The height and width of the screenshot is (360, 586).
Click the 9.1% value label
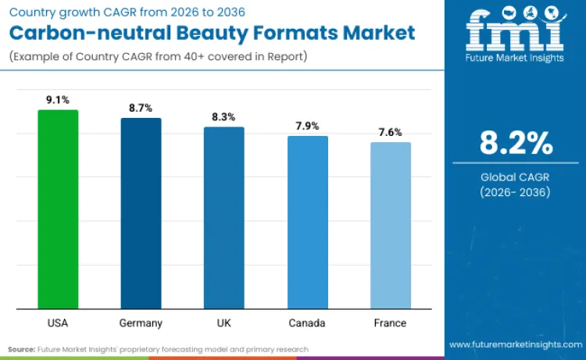tap(58, 100)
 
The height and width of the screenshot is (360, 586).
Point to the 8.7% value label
tap(141, 109)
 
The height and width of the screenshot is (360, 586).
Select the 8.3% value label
tap(224, 117)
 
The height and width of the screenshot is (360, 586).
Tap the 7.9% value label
tap(307, 126)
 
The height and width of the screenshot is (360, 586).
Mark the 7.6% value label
tap(390, 132)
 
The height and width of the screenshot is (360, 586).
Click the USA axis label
tap(58, 323)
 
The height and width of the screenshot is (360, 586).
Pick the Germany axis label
tap(141, 323)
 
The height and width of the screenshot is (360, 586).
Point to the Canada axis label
tap(307, 323)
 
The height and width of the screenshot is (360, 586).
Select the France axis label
tap(390, 323)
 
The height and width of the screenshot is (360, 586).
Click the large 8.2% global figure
tap(516, 144)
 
